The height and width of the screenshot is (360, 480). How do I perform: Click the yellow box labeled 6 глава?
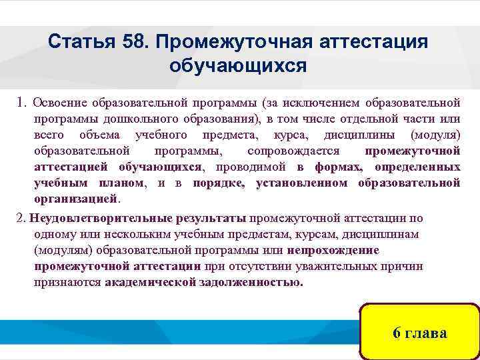point(419,333)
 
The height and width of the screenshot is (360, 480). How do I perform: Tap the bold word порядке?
point(219,183)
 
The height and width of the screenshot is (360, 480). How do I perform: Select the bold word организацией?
point(75,199)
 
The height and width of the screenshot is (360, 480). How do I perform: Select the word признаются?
point(67,281)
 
